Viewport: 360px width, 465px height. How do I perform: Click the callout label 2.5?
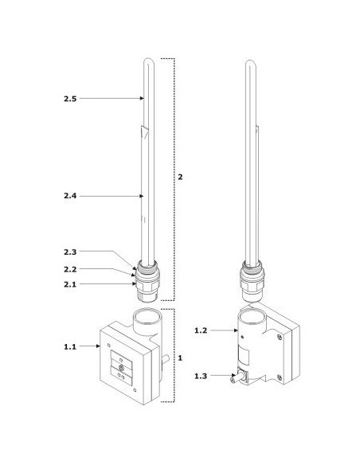tap(70, 99)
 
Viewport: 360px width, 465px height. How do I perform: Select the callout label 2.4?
tap(70, 196)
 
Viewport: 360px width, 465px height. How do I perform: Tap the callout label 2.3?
tap(70, 252)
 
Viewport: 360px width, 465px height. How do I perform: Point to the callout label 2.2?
tap(70, 269)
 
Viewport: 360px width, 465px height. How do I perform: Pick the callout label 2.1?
tap(70, 284)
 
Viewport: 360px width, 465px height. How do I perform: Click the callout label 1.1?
tap(70, 346)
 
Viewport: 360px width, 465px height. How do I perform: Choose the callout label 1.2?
tap(201, 330)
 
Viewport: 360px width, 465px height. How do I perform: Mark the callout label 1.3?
tap(201, 376)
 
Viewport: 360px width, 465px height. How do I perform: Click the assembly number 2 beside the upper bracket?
tap(180, 177)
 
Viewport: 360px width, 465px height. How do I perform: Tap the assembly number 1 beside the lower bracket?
tap(180, 358)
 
